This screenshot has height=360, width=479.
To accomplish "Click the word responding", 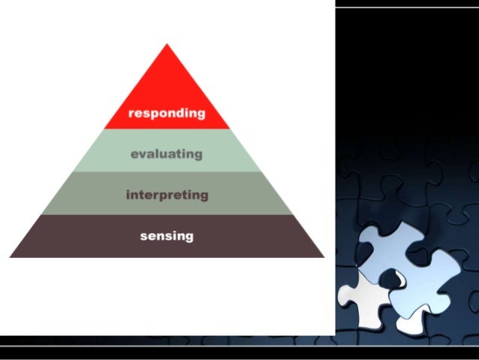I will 167,113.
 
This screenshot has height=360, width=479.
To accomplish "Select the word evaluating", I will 167,154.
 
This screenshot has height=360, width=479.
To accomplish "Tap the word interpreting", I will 167,195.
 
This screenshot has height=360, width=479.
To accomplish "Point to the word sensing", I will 167,236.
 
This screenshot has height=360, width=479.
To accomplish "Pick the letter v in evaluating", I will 143,154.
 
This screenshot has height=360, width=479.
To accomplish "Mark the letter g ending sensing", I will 188,237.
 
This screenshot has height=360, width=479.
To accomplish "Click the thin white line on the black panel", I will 405,8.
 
